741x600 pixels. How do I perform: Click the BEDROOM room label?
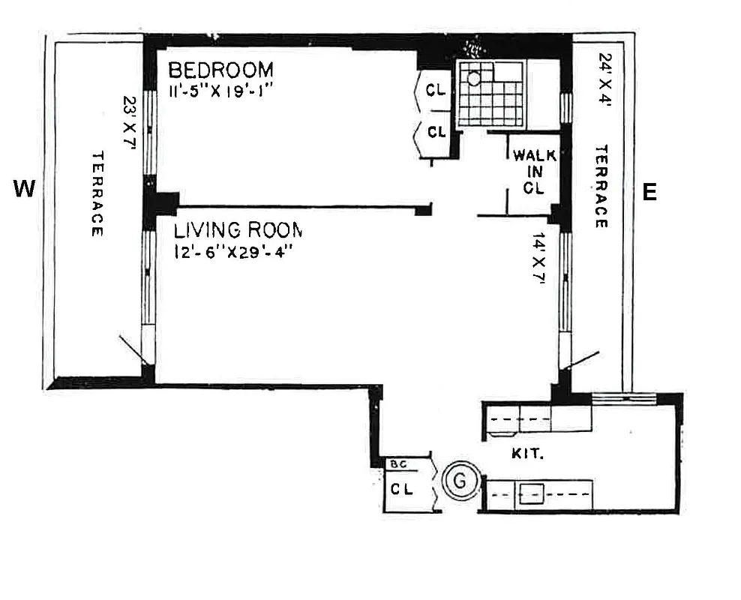(x=220, y=70)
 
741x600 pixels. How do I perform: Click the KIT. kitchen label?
(x=525, y=454)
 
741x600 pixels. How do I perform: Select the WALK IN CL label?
(x=533, y=172)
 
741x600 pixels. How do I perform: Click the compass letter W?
(x=25, y=190)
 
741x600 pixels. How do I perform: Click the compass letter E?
(x=649, y=193)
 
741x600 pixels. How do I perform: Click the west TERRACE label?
(x=97, y=193)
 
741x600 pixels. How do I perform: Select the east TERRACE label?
(x=601, y=187)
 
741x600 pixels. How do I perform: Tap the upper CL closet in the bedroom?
(x=436, y=91)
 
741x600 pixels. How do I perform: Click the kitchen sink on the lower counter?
(x=533, y=494)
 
